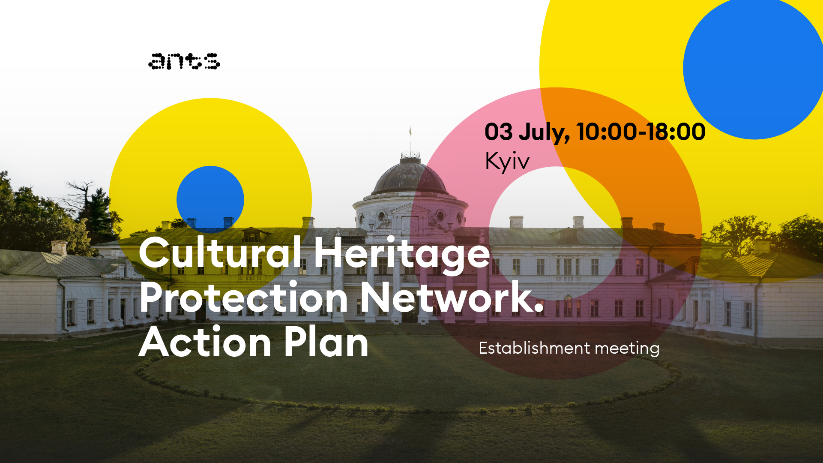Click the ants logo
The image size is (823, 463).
pos(184,61)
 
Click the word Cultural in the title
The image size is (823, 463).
pos(220,253)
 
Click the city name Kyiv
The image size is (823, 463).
pos(507,162)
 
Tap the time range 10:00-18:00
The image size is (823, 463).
pos(641,132)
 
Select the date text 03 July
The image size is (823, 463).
pos(527,132)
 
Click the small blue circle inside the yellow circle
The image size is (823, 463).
pos(210,199)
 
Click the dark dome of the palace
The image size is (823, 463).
pos(410,177)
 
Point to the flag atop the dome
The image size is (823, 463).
pos(410,130)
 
